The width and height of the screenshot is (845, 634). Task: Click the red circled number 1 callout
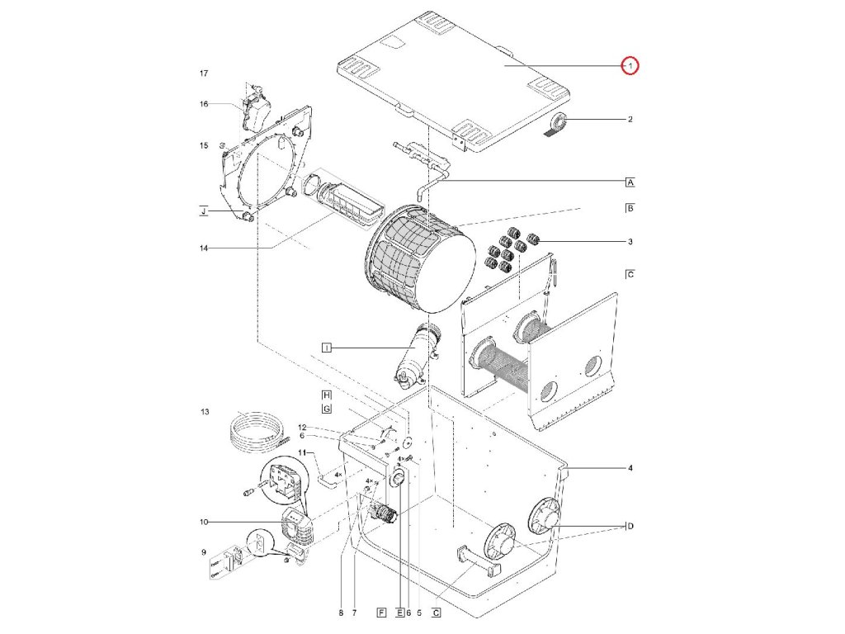point(630,65)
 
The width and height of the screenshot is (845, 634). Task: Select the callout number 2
point(630,120)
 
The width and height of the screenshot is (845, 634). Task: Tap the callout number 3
point(630,241)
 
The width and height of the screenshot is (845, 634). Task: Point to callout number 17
point(204,74)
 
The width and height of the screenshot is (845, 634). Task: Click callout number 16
point(204,104)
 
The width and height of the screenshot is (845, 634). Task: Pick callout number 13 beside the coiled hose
point(205,411)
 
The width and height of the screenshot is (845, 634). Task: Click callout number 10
point(204,522)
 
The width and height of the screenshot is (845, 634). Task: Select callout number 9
point(204,552)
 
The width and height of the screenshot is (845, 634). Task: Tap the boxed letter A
point(630,182)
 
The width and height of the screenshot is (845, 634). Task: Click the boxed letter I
point(327,349)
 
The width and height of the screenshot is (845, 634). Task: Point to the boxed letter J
point(203,212)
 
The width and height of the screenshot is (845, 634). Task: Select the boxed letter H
point(327,395)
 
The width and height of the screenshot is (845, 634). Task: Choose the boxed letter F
point(380,613)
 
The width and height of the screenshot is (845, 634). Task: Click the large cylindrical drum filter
point(421,260)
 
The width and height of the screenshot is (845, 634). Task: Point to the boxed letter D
point(630,527)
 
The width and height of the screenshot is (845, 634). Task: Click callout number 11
point(302,452)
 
